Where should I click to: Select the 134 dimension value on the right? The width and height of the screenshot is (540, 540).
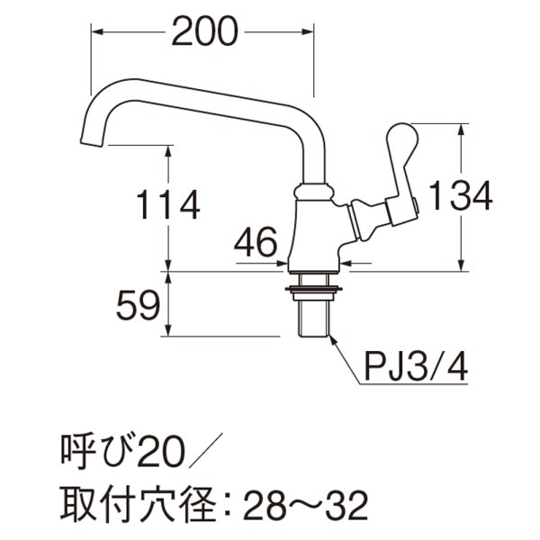pyautogui.click(x=460, y=195)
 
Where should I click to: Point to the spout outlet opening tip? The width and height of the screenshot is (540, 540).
pyautogui.click(x=92, y=143)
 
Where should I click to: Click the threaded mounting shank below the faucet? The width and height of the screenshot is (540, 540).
pyautogui.click(x=313, y=315)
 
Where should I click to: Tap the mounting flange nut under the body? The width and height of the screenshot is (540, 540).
pyautogui.click(x=313, y=288)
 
